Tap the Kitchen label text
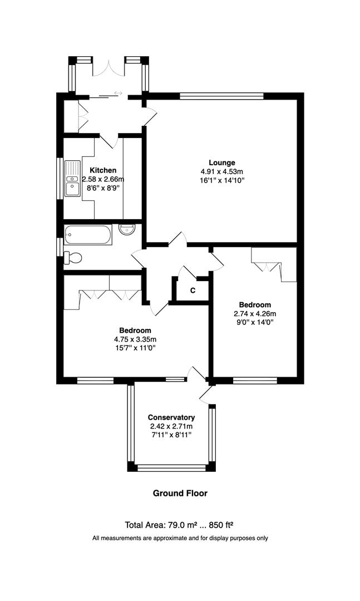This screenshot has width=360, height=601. (x=103, y=170)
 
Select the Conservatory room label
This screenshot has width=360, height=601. (x=171, y=417)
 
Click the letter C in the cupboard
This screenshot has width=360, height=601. (x=193, y=290)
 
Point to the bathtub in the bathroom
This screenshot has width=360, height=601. (x=88, y=235)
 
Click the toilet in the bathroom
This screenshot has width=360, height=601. (x=73, y=258)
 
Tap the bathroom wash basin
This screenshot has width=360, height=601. (x=127, y=229)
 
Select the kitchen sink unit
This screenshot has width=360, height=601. (x=72, y=178)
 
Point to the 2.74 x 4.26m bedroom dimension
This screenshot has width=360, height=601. (x=255, y=314)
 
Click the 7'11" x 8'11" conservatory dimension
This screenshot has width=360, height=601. (x=171, y=435)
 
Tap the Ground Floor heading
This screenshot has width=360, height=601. (x=180, y=493)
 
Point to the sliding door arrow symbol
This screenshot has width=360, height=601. (x=118, y=93)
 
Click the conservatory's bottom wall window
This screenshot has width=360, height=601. (x=171, y=467)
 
